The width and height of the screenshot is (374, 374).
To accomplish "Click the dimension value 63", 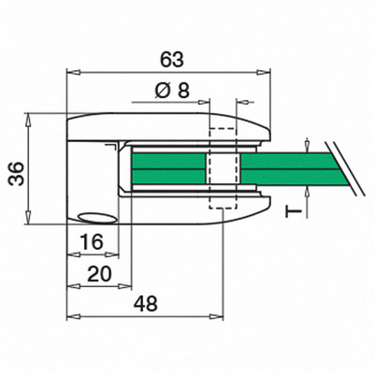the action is pyautogui.click(x=172, y=60).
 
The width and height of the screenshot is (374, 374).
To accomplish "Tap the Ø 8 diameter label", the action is pyautogui.click(x=172, y=92).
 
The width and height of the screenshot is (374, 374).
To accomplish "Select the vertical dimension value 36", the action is pyautogui.click(x=17, y=174).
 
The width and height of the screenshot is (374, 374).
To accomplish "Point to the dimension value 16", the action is pyautogui.click(x=92, y=242).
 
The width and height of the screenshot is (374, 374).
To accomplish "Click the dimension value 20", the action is pyautogui.click(x=99, y=274).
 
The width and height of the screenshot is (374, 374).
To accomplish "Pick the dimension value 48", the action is pyautogui.click(x=146, y=304).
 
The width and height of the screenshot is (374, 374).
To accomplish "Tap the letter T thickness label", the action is pyautogui.click(x=294, y=212).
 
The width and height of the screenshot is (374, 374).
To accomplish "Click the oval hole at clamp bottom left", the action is pyautogui.click(x=97, y=218).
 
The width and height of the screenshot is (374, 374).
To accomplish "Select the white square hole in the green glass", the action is pyautogui.click(x=223, y=168).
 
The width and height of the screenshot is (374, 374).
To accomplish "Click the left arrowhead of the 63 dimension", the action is pyautogui.click(x=74, y=72).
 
